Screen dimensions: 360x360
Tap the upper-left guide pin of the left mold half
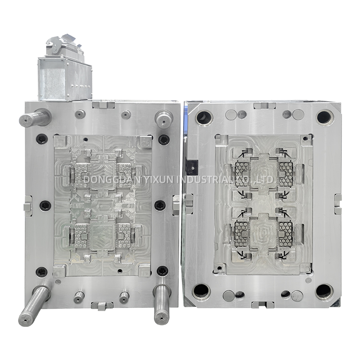coord(35,118)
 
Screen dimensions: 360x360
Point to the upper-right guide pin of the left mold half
coord(164,118)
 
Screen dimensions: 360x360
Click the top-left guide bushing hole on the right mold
coord(204,118)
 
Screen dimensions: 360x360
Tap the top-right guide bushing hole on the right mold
coord(324,117)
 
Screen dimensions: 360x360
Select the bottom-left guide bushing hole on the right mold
coord(201,292)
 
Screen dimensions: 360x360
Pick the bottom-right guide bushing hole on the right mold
coord(324,292)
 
